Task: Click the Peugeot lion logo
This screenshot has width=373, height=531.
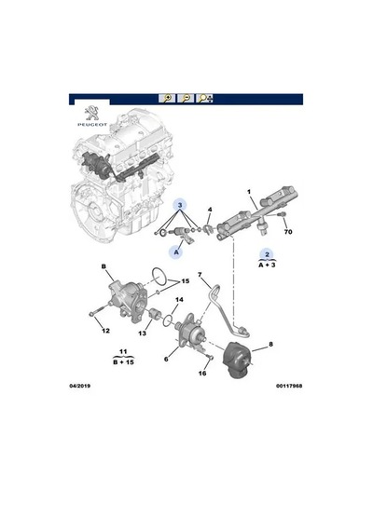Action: (91, 113)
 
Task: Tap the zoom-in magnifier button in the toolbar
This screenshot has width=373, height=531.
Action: (167, 98)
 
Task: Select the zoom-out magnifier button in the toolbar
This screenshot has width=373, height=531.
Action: (186, 98)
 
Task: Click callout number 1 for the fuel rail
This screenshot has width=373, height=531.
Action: (249, 192)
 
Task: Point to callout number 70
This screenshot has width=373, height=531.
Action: (288, 232)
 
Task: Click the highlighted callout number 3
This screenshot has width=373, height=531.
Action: (180, 205)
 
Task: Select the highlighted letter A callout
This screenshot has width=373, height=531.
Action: (176, 252)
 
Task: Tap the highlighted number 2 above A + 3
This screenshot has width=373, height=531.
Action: (267, 254)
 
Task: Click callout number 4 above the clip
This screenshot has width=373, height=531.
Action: (210, 210)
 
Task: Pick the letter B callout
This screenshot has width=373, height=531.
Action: (104, 266)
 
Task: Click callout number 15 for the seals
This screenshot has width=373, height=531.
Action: (186, 281)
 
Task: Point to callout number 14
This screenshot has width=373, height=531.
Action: (179, 300)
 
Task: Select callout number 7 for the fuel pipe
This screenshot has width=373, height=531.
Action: (200, 274)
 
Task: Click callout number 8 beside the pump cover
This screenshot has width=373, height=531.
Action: (270, 345)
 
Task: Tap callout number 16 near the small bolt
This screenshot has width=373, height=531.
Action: (202, 374)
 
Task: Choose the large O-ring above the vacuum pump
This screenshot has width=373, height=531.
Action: (159, 277)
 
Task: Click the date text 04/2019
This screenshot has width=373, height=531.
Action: (80, 386)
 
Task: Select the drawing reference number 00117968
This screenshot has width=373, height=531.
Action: (289, 386)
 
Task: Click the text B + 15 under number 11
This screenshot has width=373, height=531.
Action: (123, 362)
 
